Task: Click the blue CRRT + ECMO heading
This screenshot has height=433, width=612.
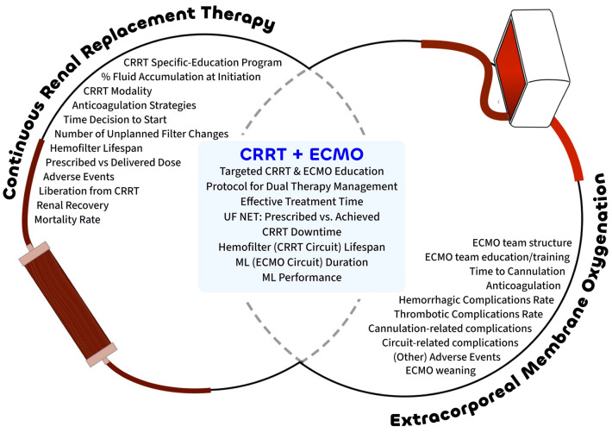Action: point(302,154)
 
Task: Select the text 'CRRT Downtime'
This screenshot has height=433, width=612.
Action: point(302,232)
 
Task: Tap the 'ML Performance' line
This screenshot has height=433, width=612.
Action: point(302,278)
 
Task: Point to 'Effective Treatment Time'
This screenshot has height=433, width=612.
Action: point(302,202)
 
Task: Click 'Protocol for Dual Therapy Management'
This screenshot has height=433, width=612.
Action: point(302,186)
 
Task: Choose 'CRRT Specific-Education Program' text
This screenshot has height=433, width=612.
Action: point(203,62)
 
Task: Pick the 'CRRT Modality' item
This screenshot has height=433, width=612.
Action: point(117,91)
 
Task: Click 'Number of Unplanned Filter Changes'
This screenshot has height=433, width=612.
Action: point(141,134)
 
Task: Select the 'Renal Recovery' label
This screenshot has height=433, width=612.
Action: point(72,205)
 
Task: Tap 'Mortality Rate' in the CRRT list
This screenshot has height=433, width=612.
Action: point(67,220)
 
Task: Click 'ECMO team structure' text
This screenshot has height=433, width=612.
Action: point(521,243)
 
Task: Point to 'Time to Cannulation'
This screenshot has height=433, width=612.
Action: point(517,272)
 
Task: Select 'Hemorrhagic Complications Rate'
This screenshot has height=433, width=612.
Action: point(476,300)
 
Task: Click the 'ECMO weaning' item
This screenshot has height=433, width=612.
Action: point(440,370)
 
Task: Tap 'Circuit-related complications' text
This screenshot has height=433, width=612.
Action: point(450,342)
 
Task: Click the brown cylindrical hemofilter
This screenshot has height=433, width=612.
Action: point(67,304)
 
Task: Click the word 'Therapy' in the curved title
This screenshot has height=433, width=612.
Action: point(238,18)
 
